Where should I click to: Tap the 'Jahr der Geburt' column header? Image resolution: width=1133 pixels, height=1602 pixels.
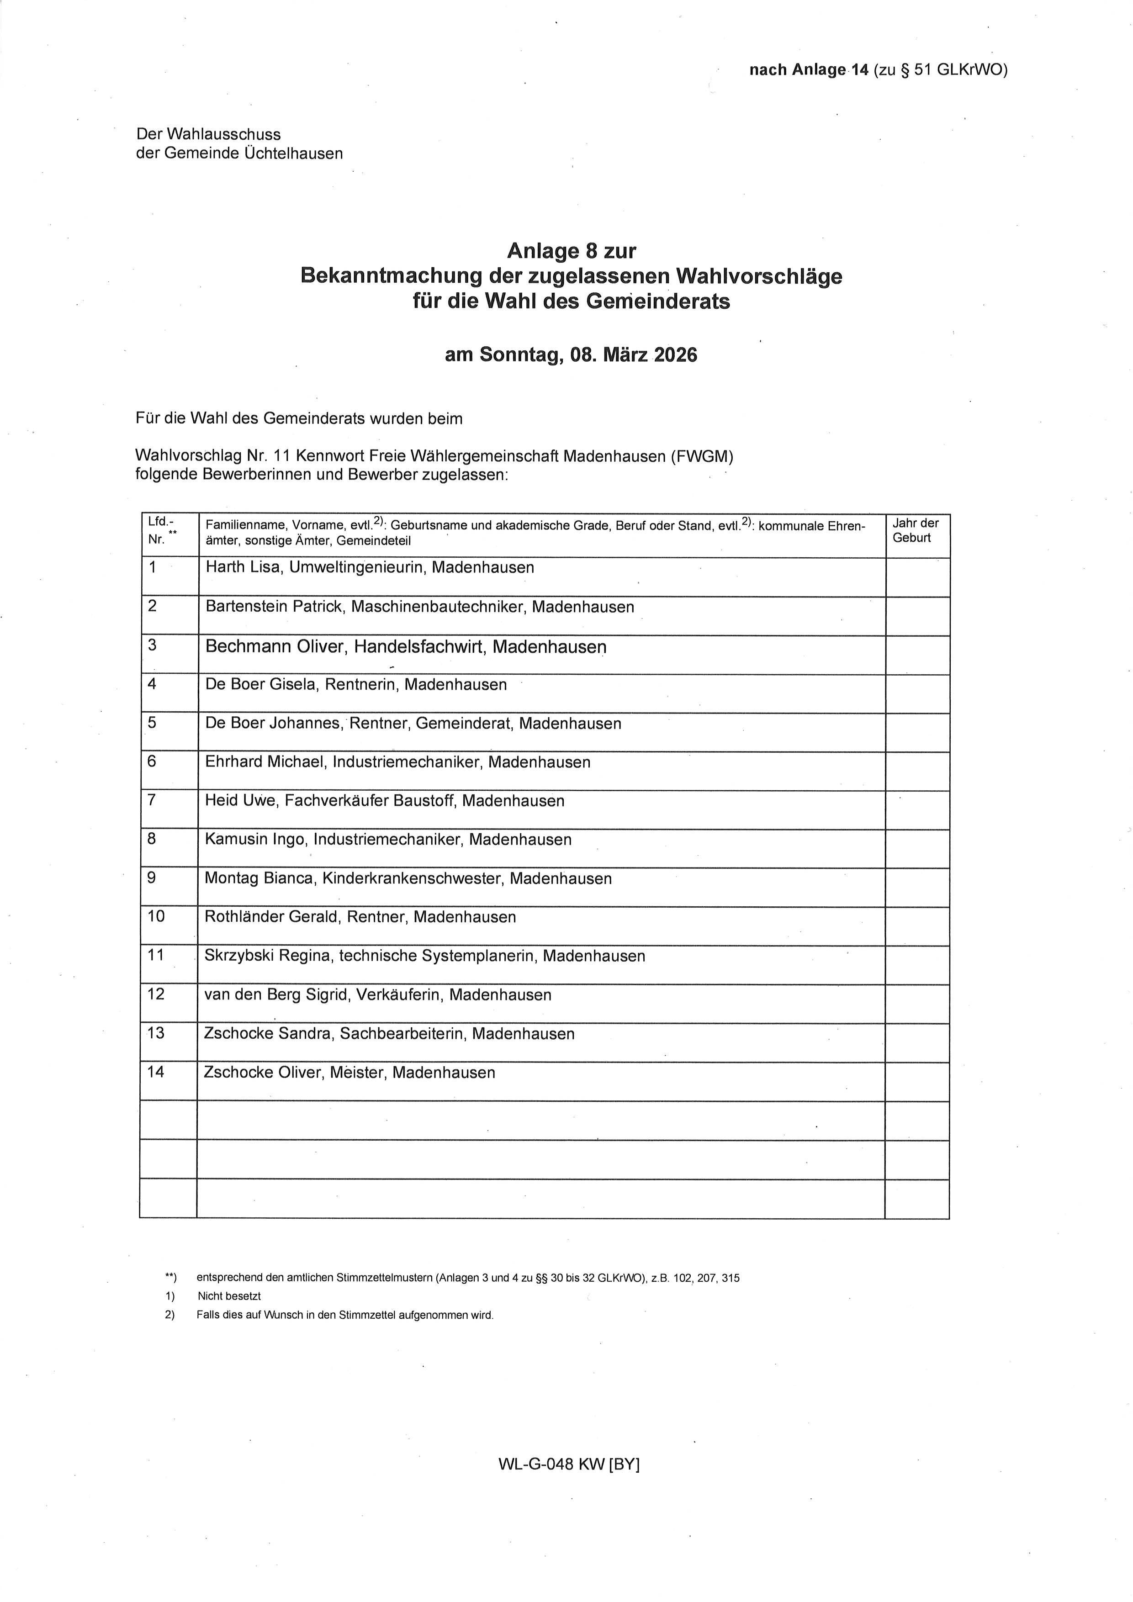[x=916, y=530]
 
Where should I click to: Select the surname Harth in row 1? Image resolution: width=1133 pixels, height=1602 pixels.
[x=225, y=567]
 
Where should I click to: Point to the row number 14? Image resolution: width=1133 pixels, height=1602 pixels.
[x=156, y=1072]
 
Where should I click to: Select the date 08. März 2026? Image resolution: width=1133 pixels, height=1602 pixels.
[x=634, y=355]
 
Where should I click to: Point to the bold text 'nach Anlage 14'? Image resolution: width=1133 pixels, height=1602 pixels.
[x=809, y=70]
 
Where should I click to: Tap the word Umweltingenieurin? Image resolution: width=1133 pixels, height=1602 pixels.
[x=356, y=567]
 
